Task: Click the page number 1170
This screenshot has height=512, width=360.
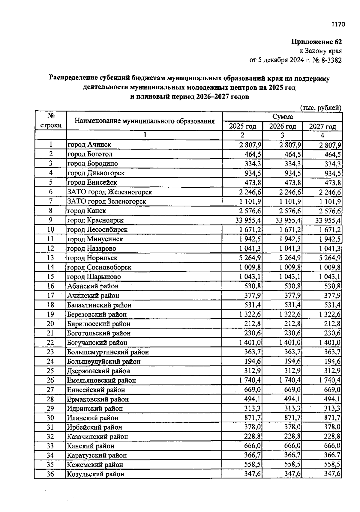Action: tap(338, 24)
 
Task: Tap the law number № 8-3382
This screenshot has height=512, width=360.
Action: tap(327, 60)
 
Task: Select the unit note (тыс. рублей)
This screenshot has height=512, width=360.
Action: tap(321, 108)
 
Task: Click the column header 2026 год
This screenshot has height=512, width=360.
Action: tap(282, 126)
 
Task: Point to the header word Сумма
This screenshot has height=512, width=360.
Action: tap(282, 117)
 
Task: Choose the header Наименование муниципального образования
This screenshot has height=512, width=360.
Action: tap(145, 121)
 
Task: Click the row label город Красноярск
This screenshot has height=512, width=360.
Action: tap(95, 220)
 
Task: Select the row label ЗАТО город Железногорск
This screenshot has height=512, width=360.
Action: tap(109, 192)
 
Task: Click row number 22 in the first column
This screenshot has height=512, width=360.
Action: tap(50, 343)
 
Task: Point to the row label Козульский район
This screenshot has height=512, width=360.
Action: tap(95, 474)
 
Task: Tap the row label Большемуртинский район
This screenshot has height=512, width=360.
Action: tap(108, 352)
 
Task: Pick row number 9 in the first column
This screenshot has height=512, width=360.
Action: tap(50, 220)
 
